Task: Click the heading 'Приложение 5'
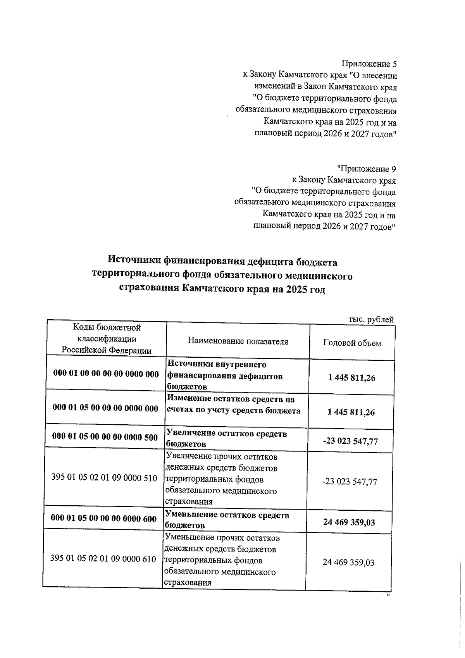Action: [369, 64]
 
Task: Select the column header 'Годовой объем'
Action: [352, 343]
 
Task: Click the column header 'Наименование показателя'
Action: [238, 341]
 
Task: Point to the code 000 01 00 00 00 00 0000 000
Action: [106, 374]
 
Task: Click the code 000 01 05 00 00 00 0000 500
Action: [105, 437]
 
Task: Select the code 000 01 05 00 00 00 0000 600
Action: [104, 519]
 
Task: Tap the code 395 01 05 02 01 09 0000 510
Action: [104, 478]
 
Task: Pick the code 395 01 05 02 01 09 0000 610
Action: [103, 559]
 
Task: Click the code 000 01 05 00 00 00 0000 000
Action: [105, 408]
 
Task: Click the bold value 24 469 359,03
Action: [349, 522]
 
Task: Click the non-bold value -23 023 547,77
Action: [350, 482]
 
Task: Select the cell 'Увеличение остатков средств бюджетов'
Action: [227, 439]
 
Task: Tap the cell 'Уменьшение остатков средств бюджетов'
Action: [227, 520]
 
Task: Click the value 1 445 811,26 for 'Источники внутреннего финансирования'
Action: [351, 378]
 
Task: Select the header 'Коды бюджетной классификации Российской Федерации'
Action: [107, 339]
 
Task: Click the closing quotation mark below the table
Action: [387, 594]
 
